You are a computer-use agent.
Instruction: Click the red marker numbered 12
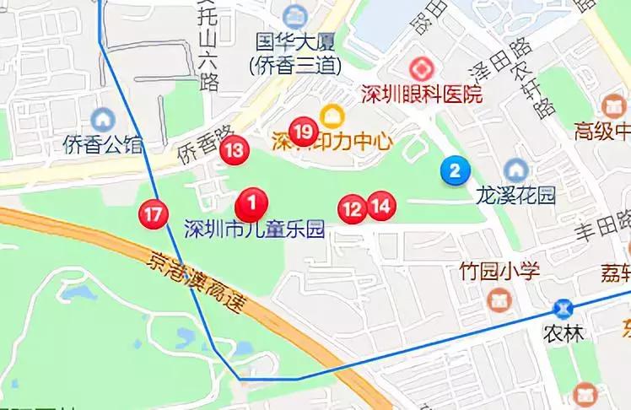click(x=353, y=208)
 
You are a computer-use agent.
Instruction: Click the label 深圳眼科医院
click(x=422, y=94)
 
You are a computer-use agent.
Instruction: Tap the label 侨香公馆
click(x=104, y=144)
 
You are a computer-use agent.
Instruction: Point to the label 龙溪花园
click(x=516, y=196)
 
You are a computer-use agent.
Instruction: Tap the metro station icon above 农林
click(x=564, y=308)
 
